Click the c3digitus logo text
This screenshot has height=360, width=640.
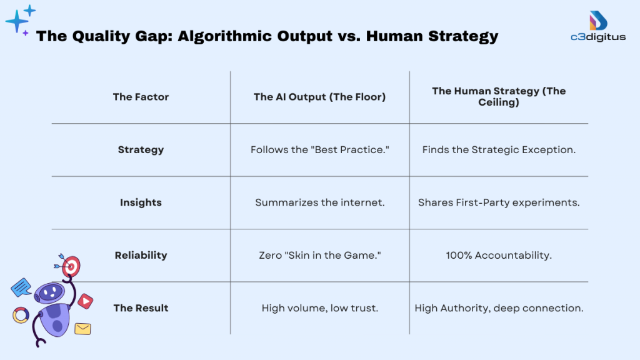pos(599,37)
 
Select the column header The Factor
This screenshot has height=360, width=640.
pos(141,97)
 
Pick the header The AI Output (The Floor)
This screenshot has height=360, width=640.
pos(319,97)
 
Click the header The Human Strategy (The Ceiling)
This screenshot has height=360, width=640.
pos(499,96)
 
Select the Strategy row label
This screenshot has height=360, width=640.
pos(141,150)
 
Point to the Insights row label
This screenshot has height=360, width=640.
pos(141,202)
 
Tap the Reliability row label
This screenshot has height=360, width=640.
pos(141,255)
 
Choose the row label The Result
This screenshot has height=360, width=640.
pos(141,308)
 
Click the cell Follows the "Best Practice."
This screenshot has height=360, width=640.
pos(319,150)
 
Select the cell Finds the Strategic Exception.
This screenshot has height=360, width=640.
pos(499,150)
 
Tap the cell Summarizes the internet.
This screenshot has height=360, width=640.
pos(319,202)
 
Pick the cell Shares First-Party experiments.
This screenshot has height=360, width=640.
pos(499,202)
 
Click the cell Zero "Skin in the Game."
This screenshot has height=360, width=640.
pos(319,255)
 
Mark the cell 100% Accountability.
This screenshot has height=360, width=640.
pos(499,255)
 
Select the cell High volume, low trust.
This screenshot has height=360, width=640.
pos(319,308)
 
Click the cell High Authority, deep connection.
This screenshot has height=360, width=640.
pos(499,308)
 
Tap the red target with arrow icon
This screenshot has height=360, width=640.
pos(71,266)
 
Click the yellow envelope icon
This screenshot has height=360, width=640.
pos(82,328)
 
